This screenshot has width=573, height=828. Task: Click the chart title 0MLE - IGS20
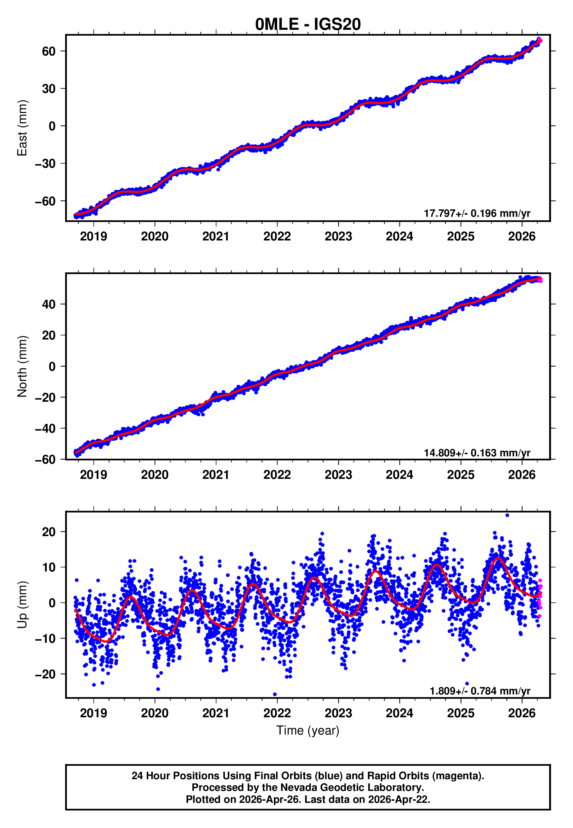point(308,25)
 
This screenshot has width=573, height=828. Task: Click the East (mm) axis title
point(22,128)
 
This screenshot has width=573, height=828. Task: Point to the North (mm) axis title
point(22,366)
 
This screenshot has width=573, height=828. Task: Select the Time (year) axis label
point(308,730)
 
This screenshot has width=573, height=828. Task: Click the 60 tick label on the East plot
point(48,51)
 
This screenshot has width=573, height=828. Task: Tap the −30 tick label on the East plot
point(45,164)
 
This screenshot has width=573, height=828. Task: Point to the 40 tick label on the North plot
point(48,304)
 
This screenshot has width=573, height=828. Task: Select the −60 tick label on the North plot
point(45,460)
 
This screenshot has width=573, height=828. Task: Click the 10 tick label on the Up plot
point(48,567)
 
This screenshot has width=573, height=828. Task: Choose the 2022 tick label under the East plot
point(277,236)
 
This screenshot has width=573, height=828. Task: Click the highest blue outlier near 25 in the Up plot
point(507,515)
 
